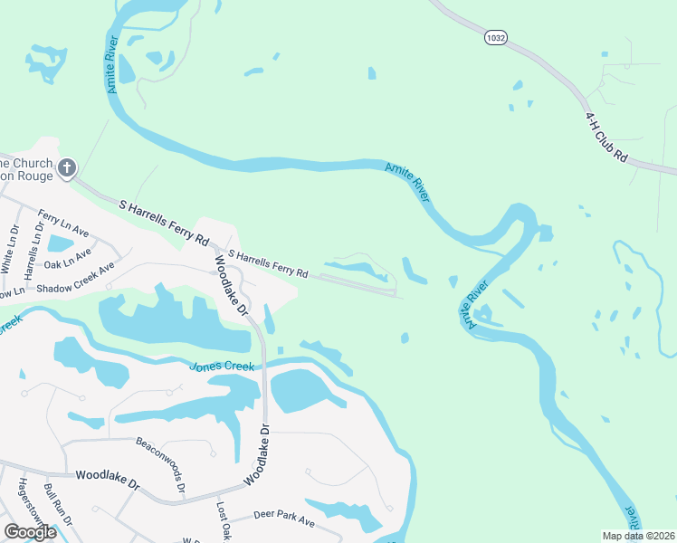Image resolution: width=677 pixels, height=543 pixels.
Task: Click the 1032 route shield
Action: [496, 37]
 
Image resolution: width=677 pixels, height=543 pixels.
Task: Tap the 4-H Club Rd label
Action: [605, 138]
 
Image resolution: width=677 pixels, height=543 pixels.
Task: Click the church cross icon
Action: [66, 168]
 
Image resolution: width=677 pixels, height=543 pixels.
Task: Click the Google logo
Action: [30, 532]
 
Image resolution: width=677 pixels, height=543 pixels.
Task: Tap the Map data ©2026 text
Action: [638, 536]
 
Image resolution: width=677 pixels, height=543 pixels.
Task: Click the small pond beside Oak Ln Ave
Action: [60, 243]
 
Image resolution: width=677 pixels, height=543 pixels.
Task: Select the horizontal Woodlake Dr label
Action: [108, 479]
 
